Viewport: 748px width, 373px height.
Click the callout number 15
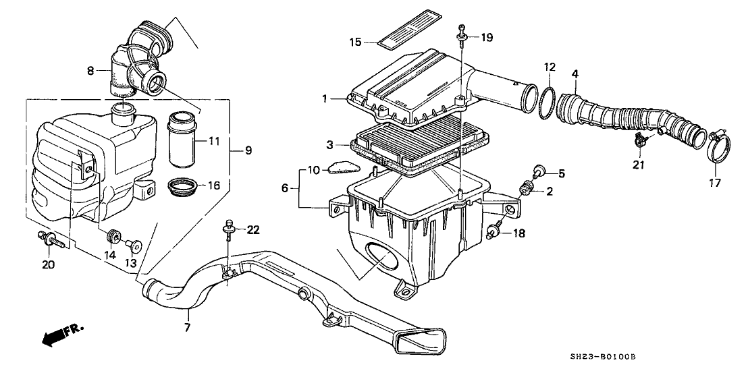[356, 42]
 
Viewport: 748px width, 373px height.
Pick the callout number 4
[575, 73]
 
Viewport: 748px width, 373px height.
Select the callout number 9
[248, 150]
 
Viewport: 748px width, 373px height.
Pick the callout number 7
[188, 328]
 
